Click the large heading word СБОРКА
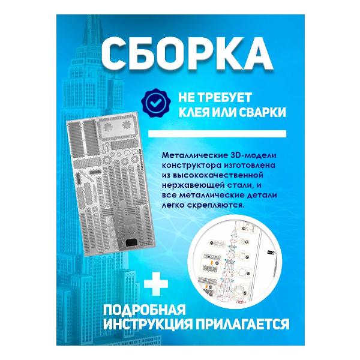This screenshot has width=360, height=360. pos(179,56)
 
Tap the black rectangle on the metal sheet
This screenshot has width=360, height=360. pos(133,244)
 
